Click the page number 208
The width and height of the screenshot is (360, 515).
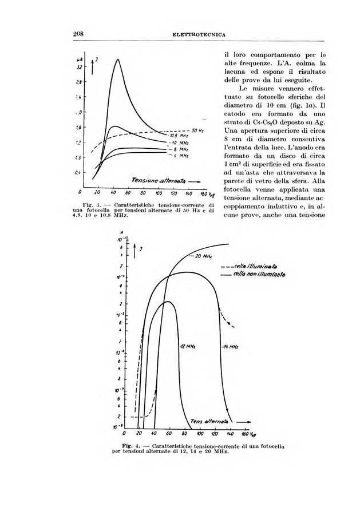[79, 34]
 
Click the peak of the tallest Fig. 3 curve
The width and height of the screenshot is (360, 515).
[118, 60]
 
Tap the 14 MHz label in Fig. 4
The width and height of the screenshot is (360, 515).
[229, 347]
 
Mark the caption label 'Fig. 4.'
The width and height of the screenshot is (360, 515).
[131, 445]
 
